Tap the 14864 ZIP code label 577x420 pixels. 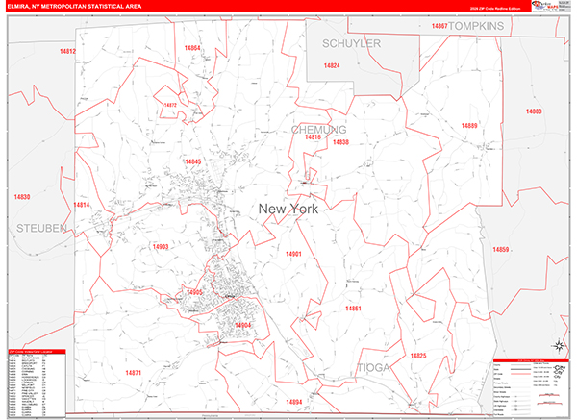192,47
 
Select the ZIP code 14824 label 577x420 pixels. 332,65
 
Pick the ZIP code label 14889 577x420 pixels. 468,126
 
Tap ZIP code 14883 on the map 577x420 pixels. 534,111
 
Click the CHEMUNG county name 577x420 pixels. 318,129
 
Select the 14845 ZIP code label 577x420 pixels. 192,161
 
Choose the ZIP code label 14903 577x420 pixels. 161,247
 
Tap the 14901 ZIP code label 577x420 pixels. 293,254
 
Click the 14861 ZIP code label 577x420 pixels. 353,308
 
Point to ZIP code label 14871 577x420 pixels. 134,373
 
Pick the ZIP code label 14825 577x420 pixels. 417,356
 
